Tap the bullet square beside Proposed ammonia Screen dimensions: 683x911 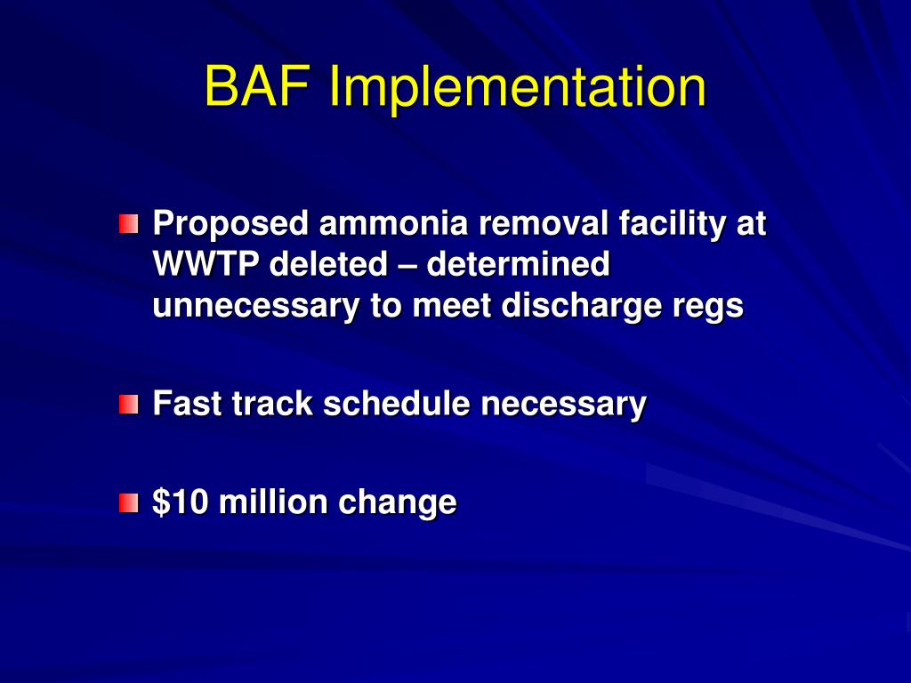coord(130,224)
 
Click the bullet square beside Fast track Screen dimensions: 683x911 coord(130,405)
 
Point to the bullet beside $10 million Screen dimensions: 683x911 coord(130,503)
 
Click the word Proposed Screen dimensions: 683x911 coord(231,223)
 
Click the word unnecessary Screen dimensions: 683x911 coord(254,305)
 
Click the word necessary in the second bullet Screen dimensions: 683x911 coord(564,405)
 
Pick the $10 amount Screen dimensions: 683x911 coord(181,502)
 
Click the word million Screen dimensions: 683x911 coord(272,502)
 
